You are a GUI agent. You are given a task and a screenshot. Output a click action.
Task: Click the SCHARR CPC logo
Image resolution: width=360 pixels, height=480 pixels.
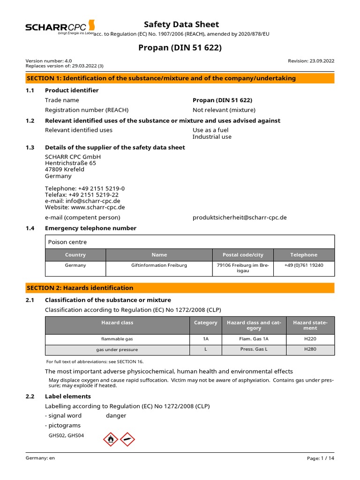60,28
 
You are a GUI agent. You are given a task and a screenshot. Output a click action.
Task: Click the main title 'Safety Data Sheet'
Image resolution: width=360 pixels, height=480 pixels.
181,24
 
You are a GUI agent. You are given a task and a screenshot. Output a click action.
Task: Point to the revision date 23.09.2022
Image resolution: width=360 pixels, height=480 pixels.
311,60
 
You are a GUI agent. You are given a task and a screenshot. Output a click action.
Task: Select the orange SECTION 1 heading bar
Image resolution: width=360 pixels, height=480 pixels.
180,78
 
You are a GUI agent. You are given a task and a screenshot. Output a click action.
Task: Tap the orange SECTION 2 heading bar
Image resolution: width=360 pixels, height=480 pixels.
180,288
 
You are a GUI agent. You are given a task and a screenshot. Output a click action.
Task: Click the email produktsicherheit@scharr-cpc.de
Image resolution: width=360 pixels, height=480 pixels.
240,217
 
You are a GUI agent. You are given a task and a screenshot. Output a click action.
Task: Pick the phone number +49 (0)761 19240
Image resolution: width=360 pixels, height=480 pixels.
304,265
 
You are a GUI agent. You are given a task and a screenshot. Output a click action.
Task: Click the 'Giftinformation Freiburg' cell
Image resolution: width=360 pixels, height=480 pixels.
159,265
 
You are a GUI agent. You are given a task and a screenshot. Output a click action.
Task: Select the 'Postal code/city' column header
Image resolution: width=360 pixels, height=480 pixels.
243,255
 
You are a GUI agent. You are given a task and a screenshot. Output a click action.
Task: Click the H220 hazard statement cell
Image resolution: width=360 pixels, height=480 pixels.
310,339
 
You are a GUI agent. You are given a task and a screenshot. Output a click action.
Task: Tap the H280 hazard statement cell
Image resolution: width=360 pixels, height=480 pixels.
310,350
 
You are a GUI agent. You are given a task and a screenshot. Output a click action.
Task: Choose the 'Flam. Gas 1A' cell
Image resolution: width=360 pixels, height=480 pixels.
254,339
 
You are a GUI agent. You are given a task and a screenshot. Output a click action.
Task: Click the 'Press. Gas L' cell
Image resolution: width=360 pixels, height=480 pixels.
254,350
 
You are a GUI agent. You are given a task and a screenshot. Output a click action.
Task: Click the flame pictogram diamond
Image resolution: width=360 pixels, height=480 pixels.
111,439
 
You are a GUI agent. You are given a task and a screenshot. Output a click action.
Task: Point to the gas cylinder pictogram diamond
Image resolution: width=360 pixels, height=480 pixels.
127,439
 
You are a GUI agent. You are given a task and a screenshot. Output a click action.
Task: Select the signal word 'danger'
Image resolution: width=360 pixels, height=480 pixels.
116,416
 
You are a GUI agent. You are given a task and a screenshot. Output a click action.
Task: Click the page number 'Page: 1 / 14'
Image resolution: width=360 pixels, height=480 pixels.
321,458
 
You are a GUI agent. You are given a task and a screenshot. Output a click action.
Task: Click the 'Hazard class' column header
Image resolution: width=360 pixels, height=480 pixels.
117,323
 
